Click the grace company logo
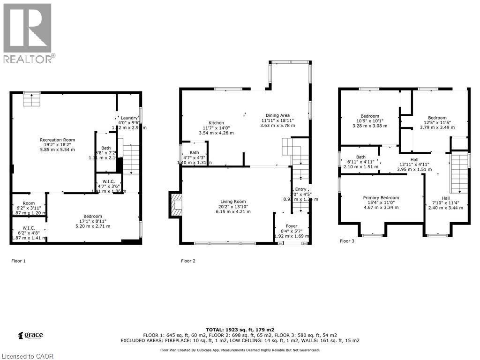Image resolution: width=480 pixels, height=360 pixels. (30, 335)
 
